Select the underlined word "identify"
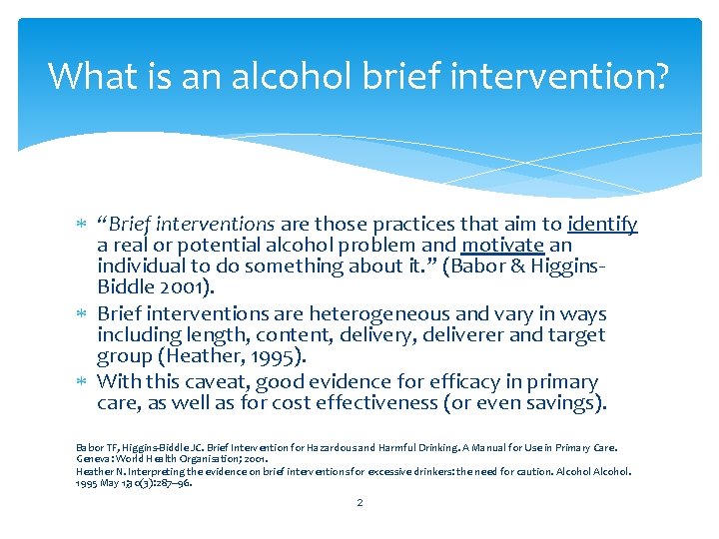(x=602, y=225)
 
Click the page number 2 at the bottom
(x=359, y=502)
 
